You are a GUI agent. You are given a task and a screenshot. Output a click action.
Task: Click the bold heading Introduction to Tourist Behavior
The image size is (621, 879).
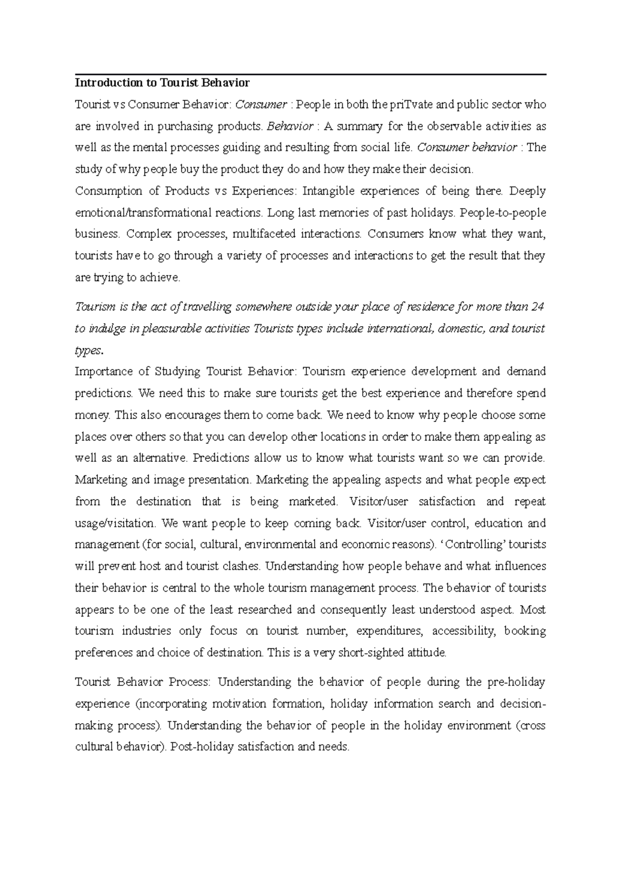coord(162,83)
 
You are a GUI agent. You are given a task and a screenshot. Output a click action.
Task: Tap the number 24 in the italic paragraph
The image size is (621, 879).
coord(538,306)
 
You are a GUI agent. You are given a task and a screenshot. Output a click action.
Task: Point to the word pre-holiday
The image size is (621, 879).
coord(516,682)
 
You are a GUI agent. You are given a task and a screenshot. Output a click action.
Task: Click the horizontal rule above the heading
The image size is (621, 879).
coord(310,75)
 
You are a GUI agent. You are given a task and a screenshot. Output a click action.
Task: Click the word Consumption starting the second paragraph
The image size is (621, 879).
coord(109,191)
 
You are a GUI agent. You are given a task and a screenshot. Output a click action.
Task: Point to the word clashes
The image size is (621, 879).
coord(241,566)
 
